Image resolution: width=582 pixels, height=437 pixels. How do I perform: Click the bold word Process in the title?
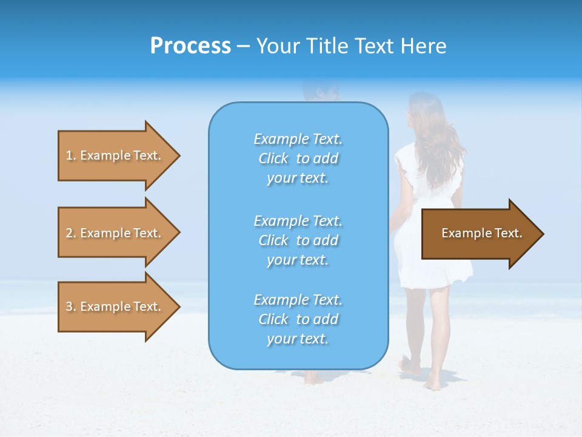coord(190,46)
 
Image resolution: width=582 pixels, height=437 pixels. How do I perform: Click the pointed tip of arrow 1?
coord(178,155)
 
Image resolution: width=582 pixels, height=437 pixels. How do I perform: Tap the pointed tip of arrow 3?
coord(178,307)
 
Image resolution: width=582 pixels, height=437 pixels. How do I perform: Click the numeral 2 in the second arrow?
coord(69,233)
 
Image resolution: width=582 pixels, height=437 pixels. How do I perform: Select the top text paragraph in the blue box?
coord(298,158)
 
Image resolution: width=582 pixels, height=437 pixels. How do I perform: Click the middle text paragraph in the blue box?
coord(298,240)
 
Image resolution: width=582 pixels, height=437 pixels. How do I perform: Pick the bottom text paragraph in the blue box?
coord(298,319)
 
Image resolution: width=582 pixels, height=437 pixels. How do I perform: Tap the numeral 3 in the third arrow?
coord(69,307)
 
